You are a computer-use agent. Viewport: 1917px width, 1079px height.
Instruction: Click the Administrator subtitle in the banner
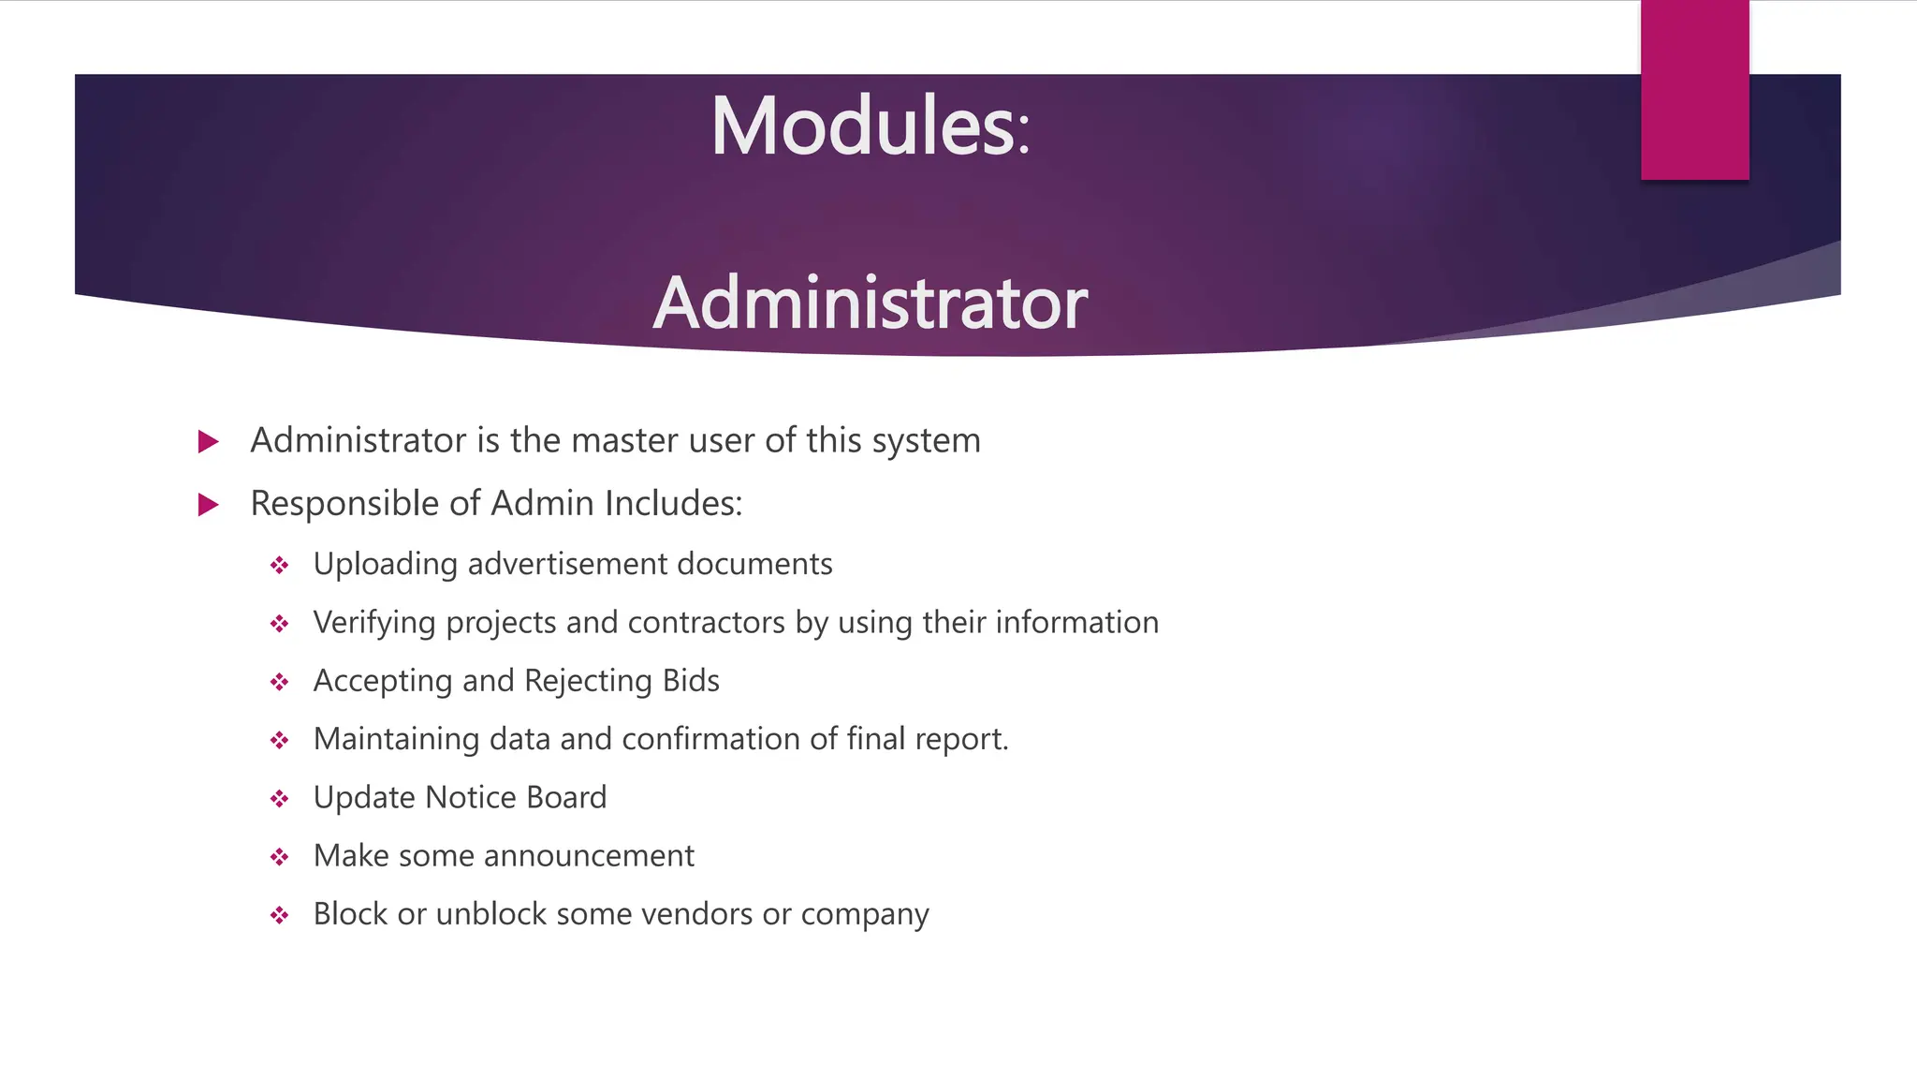(871, 303)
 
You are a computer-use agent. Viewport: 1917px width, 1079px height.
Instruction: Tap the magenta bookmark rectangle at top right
(1694, 90)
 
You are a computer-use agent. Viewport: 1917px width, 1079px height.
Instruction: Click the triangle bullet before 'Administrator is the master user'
(209, 441)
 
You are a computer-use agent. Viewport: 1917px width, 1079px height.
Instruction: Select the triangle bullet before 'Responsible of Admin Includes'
(209, 505)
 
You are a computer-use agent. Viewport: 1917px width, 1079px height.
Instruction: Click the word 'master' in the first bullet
(624, 440)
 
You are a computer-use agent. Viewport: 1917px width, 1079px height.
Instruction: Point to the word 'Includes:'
(673, 504)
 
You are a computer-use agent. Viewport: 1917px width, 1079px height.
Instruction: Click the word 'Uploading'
(385, 565)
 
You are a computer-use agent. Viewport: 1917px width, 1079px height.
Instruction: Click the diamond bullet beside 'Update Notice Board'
(279, 799)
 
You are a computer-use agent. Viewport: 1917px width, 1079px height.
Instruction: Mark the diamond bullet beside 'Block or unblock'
(279, 915)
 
